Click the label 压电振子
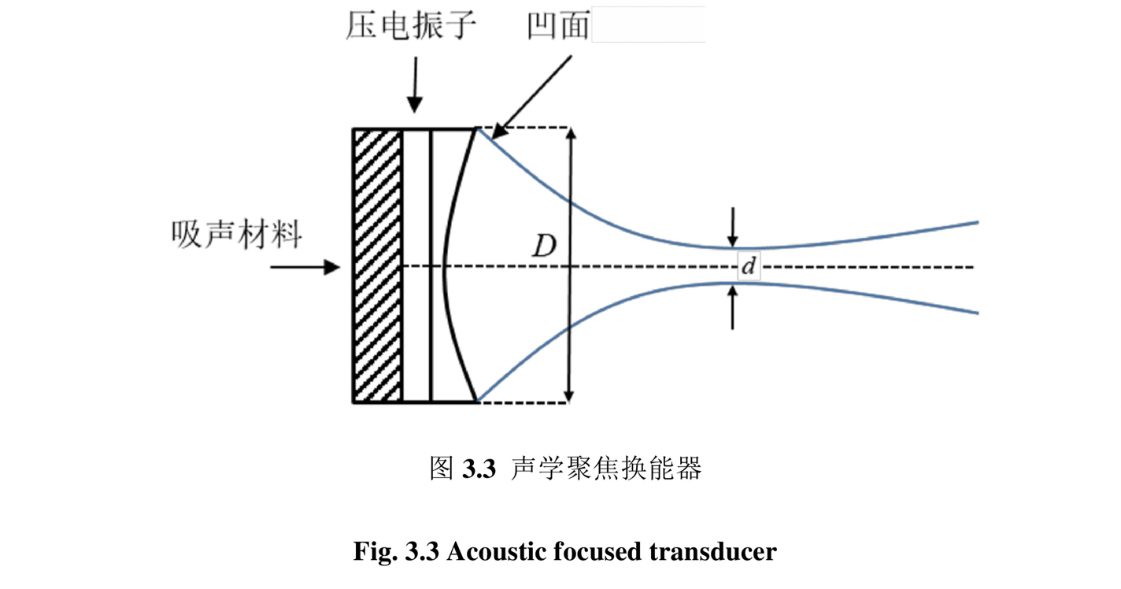pyautogui.click(x=411, y=28)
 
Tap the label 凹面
pyautogui.click(x=559, y=28)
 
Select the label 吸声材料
pyautogui.click(x=236, y=234)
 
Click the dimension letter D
pyautogui.click(x=542, y=247)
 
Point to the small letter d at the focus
pyautogui.click(x=749, y=267)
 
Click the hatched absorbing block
pyautogui.click(x=377, y=265)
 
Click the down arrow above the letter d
pyautogui.click(x=733, y=228)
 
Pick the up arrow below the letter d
pyautogui.click(x=733, y=307)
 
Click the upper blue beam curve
pyautogui.click(x=614, y=224)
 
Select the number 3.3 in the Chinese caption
pyautogui.click(x=478, y=470)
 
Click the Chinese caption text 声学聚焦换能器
pyautogui.click(x=605, y=469)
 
